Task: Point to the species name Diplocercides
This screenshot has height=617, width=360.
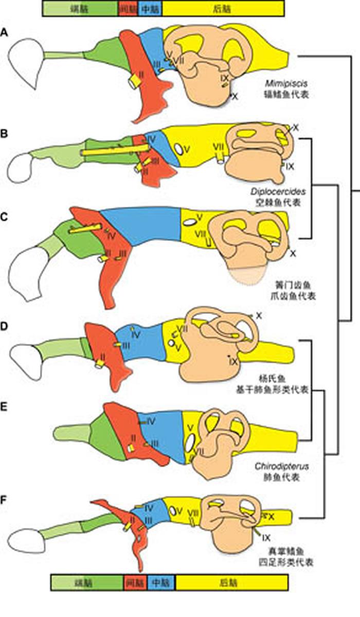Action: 276,191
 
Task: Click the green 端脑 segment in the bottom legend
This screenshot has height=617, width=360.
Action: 87,583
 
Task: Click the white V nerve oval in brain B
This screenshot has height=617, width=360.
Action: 178,148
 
